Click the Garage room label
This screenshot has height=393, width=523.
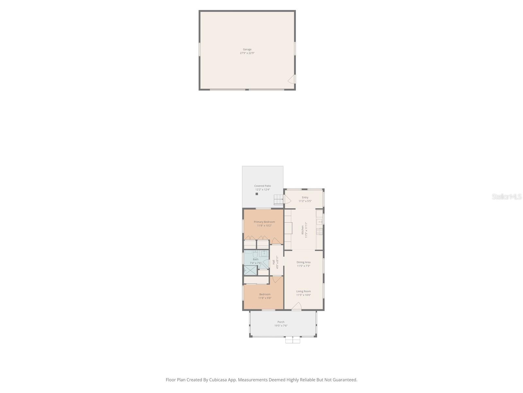247,49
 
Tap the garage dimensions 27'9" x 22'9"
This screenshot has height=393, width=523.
247,53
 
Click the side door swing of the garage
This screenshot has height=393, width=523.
291,80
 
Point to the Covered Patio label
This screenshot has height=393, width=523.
262,186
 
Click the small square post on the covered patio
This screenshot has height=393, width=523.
257,194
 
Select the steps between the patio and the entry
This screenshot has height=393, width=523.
278,199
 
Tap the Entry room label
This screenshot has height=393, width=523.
305,197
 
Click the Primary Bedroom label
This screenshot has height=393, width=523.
264,222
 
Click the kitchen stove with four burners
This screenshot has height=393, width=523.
319,232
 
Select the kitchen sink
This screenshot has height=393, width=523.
319,222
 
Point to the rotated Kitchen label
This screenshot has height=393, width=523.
303,229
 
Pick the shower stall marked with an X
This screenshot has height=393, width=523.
251,271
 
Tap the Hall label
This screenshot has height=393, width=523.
274,262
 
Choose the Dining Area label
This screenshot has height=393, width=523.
303,262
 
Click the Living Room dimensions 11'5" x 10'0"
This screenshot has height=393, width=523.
303,295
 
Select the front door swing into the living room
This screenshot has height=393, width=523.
296,307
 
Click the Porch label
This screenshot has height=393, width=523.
281,322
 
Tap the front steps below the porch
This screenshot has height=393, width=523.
293,340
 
